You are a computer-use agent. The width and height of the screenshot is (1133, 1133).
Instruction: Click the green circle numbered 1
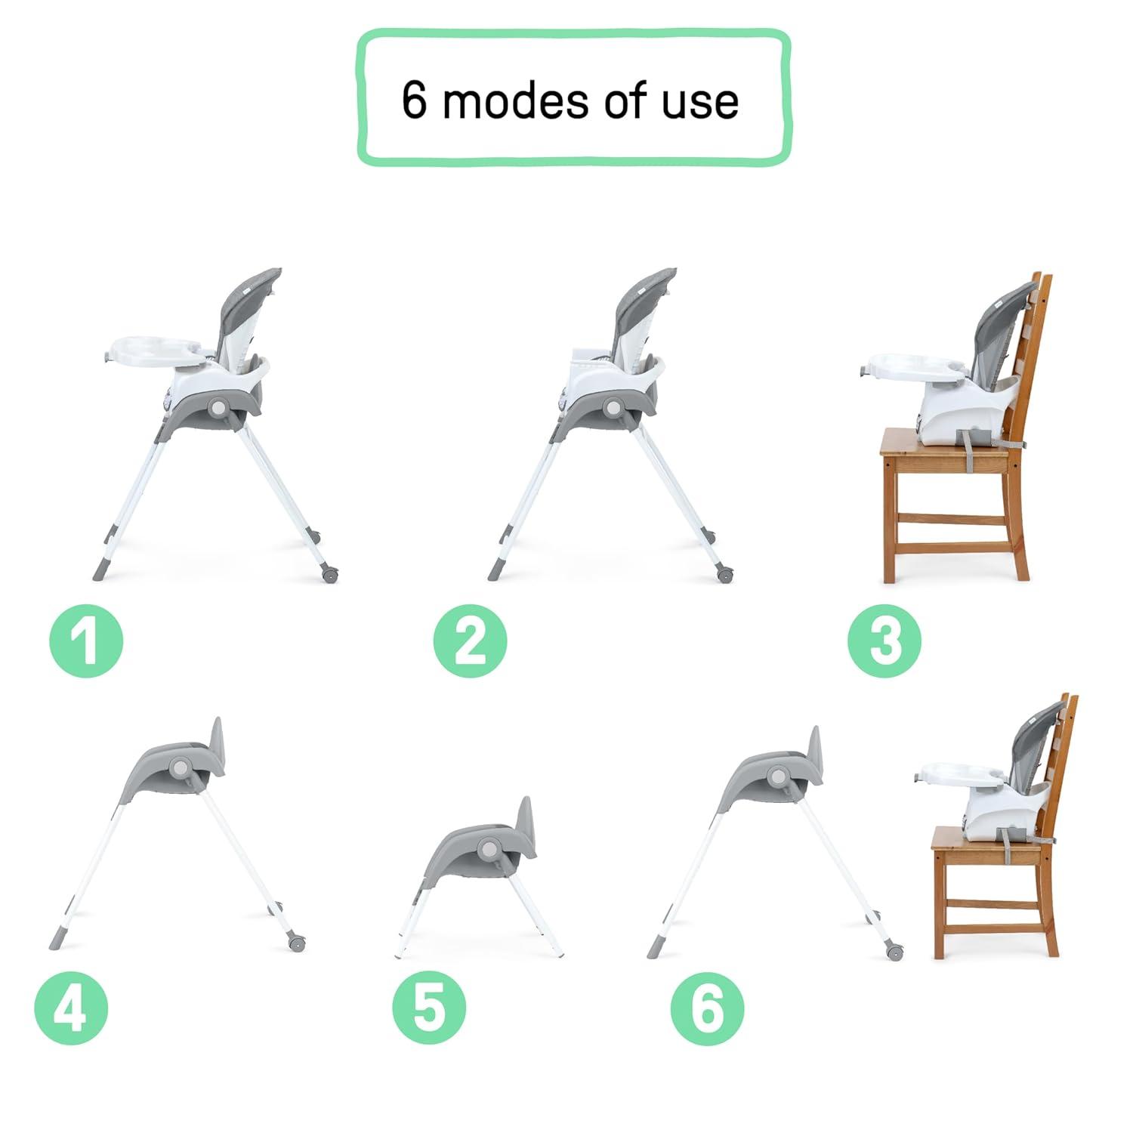[x=86, y=641]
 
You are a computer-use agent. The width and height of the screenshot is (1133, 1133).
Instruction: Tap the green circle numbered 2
[x=470, y=641]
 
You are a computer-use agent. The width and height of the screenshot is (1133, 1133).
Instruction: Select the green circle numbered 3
[x=884, y=641]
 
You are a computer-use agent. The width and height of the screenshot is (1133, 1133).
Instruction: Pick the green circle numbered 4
[x=71, y=1008]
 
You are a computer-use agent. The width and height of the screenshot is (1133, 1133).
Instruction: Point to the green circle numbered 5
[x=429, y=1008]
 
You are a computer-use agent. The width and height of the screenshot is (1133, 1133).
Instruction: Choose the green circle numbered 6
[x=707, y=1008]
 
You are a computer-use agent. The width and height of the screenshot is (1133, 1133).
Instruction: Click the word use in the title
[x=699, y=103]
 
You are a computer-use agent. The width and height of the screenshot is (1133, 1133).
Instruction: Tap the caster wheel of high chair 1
[x=329, y=574]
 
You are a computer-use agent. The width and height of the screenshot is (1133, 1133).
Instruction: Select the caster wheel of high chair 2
[x=726, y=575]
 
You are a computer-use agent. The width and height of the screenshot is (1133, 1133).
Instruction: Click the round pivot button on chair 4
[x=180, y=767]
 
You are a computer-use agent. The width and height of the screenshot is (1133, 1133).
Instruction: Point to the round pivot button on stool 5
[x=488, y=851]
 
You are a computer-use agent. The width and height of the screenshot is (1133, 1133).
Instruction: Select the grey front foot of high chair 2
[x=495, y=569]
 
